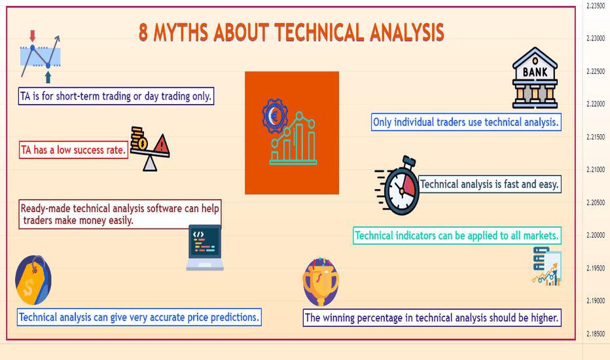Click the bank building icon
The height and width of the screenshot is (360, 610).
pos(535,78)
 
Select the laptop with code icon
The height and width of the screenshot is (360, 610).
pos(205,248)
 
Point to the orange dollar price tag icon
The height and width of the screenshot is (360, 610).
pos(33,280)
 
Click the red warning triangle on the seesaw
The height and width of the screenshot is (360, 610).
pos(161,143)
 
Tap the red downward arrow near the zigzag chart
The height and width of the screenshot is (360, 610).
pos(32,36)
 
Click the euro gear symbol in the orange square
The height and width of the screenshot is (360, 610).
pos(275,116)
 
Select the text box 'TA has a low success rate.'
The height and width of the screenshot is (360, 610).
pos(73,150)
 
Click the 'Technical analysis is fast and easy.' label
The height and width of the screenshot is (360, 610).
pos(490,184)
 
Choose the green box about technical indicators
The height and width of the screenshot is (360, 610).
pos(457,236)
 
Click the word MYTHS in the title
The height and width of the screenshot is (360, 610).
pos(181,32)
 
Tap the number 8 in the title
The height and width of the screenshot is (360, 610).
pos(143,32)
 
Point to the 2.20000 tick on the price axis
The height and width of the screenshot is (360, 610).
pos(596,235)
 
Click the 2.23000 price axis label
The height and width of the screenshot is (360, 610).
pos(596,38)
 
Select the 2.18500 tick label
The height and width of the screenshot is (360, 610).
pos(596,334)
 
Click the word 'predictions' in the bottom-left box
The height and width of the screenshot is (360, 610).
pos(234,317)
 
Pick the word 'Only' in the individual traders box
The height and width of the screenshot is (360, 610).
pos(382,122)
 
